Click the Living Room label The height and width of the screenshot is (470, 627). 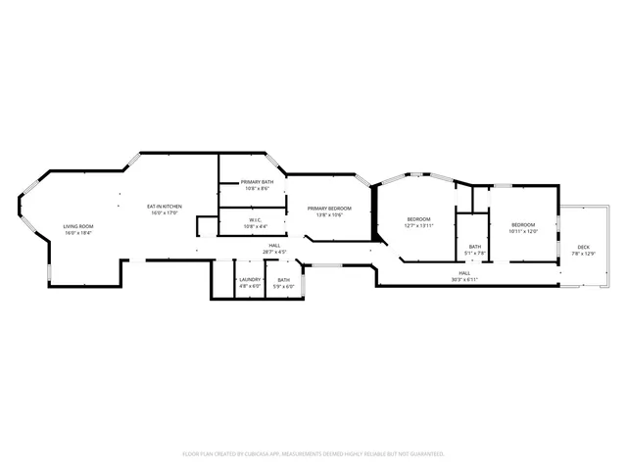tap(77, 226)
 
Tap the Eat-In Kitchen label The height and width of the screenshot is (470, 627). tap(165, 206)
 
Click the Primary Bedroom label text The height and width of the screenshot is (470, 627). tap(329, 208)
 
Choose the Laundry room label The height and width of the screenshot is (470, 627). tap(250, 280)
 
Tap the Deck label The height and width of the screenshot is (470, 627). tap(583, 247)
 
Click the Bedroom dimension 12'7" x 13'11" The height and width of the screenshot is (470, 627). tap(418, 226)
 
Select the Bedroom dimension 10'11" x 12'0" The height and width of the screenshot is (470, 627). tap(524, 232)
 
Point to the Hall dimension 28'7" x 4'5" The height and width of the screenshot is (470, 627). tap(274, 252)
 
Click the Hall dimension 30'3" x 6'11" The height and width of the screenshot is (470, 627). tap(463, 279)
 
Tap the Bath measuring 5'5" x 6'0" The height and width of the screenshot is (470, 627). tap(283, 280)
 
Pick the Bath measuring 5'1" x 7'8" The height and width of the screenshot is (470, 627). tap(474, 247)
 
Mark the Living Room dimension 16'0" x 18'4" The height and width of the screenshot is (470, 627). tap(77, 233)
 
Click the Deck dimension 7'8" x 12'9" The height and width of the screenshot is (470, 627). tap(583, 254)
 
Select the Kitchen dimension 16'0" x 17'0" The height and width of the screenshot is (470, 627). tap(165, 212)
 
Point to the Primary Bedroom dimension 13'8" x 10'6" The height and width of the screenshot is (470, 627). tap(329, 214)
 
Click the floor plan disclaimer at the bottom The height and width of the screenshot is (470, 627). tap(313, 453)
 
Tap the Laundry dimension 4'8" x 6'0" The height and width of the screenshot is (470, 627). tap(250, 286)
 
